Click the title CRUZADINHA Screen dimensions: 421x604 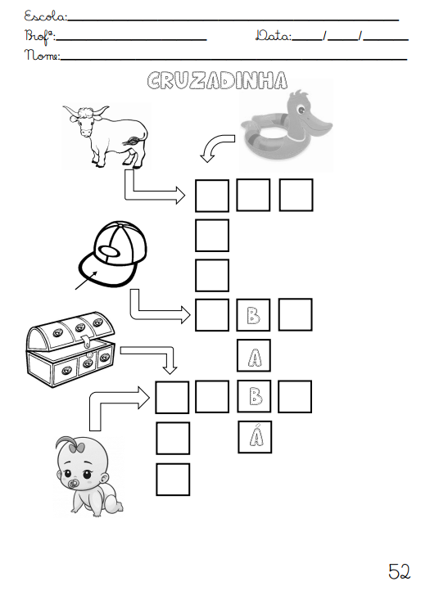pyautogui.click(x=217, y=80)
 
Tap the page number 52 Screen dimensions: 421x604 pyautogui.click(x=400, y=571)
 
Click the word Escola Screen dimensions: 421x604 pyautogui.click(x=46, y=16)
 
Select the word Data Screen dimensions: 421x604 pyautogui.click(x=274, y=36)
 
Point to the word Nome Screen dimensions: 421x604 pyautogui.click(x=43, y=55)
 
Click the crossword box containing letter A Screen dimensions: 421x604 pyautogui.click(x=254, y=355)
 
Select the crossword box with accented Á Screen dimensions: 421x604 pyautogui.click(x=255, y=437)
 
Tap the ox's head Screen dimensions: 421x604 pyautogui.click(x=85, y=119)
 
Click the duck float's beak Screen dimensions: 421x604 pyautogui.click(x=318, y=126)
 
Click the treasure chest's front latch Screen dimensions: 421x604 pyautogui.click(x=88, y=340)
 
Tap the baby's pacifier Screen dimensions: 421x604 pyautogui.click(x=73, y=484)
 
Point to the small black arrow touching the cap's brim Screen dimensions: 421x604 pyautogui.click(x=86, y=280)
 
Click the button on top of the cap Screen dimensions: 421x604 pyautogui.click(x=111, y=250)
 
